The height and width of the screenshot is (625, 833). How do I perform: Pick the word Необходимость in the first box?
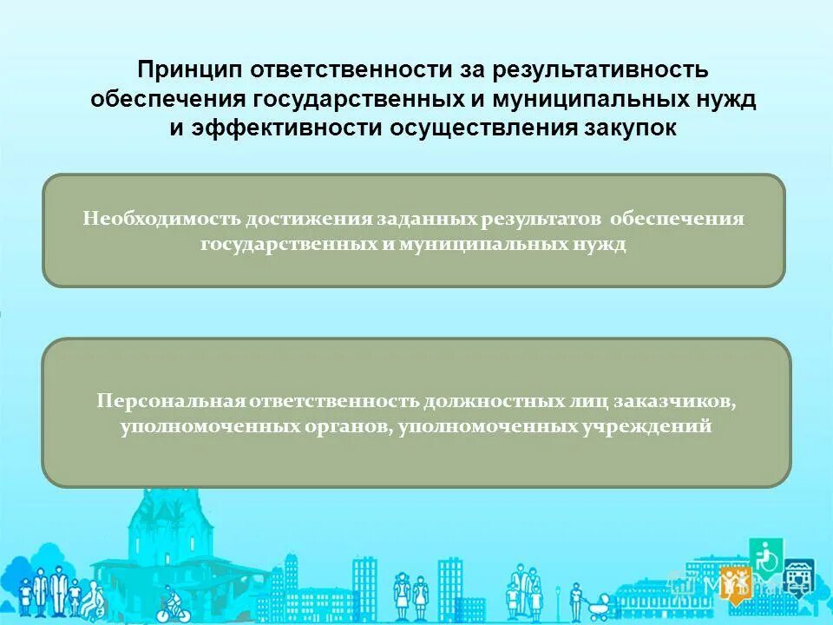(161, 219)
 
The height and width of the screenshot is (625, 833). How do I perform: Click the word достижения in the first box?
(308, 219)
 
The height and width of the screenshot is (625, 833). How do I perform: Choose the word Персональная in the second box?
(171, 402)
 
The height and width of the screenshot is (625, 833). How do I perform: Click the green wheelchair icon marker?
(766, 556)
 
